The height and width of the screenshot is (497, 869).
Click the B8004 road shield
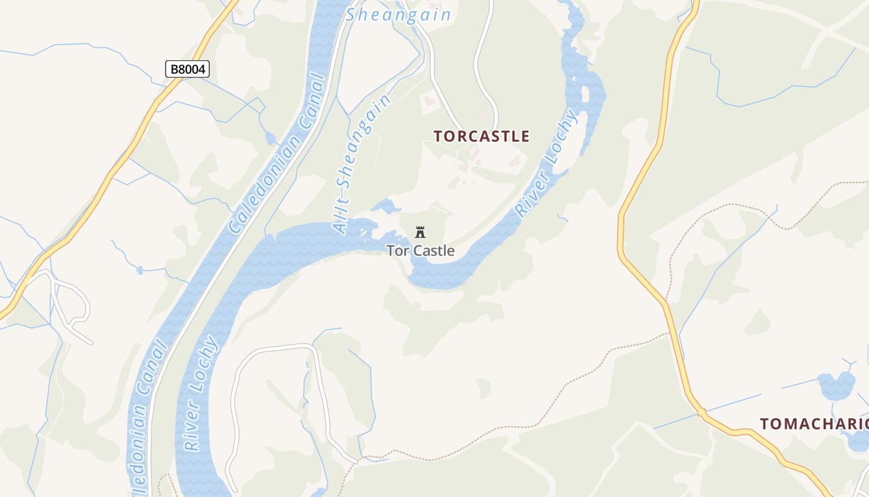(187, 69)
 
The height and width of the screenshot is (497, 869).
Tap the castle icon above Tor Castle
(420, 232)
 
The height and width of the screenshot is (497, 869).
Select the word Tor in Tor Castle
(397, 251)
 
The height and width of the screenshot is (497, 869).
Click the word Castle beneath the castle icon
(433, 251)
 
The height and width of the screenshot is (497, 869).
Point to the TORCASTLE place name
(482, 136)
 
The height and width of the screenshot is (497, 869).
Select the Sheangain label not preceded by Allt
(398, 15)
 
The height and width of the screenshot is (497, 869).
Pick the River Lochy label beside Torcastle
(547, 163)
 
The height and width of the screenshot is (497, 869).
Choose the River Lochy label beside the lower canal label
(201, 393)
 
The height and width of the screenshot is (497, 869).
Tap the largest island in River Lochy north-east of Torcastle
(585, 94)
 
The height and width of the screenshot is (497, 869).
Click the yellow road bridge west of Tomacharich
(701, 411)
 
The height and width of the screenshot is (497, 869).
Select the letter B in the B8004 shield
(174, 69)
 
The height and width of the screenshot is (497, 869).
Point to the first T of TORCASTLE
(438, 136)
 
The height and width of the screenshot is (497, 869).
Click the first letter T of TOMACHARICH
(765, 424)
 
